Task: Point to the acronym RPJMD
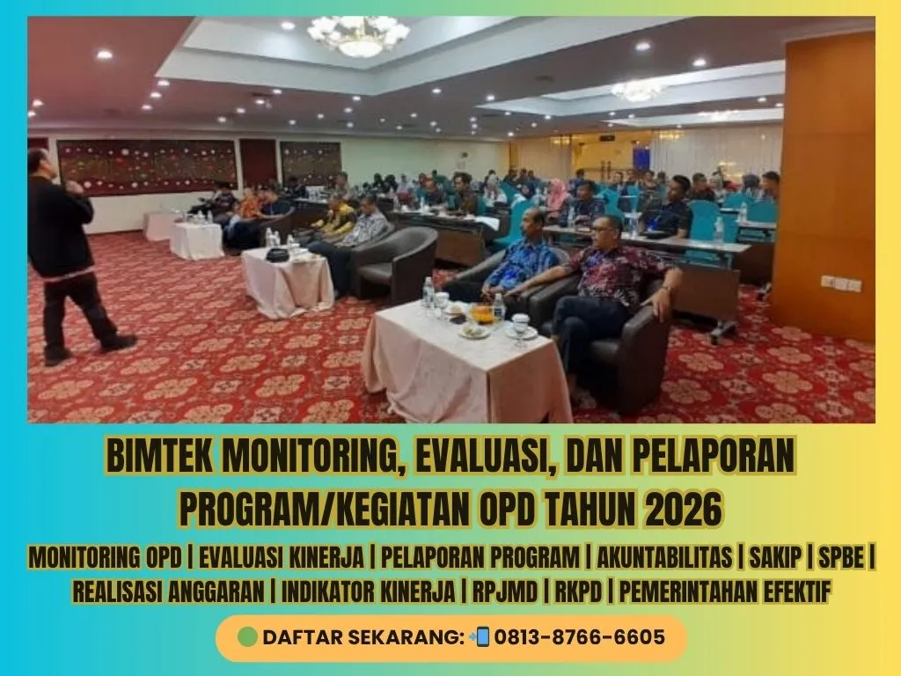[x=505, y=591]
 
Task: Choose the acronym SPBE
[x=841, y=557]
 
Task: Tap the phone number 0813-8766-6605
[x=579, y=637]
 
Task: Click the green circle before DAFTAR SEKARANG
[x=247, y=637]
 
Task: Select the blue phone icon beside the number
[x=481, y=637]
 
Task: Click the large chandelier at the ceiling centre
[x=358, y=35]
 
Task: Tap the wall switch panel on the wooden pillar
[x=840, y=283]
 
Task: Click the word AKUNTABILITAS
[x=664, y=557]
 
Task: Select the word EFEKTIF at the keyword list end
[x=797, y=591]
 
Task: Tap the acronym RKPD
[x=578, y=591]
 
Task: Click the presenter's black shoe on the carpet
[x=119, y=343]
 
